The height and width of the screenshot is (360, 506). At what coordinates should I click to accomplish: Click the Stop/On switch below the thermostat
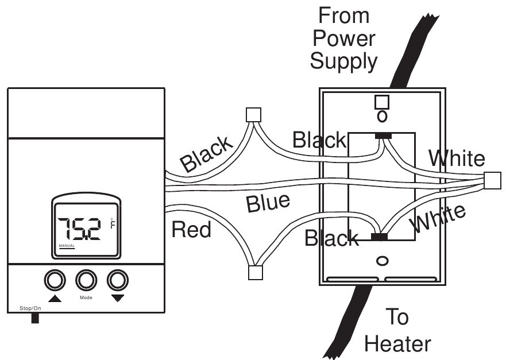click(35, 318)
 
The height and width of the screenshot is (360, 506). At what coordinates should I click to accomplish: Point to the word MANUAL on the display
click(67, 247)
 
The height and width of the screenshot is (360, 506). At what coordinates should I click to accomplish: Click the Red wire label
click(191, 230)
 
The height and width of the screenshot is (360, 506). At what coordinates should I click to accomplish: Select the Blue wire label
click(267, 203)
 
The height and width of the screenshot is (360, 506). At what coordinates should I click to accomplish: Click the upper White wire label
click(457, 158)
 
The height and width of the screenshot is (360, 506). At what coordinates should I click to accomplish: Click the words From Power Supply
click(343, 38)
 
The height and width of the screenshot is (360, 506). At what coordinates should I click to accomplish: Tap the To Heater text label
click(397, 330)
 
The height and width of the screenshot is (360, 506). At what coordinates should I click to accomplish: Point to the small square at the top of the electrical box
click(381, 102)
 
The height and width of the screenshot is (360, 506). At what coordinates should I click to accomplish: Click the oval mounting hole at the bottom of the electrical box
click(381, 261)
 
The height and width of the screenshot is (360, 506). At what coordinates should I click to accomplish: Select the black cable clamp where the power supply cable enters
click(383, 136)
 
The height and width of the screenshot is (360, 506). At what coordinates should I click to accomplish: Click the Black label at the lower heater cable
click(332, 237)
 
